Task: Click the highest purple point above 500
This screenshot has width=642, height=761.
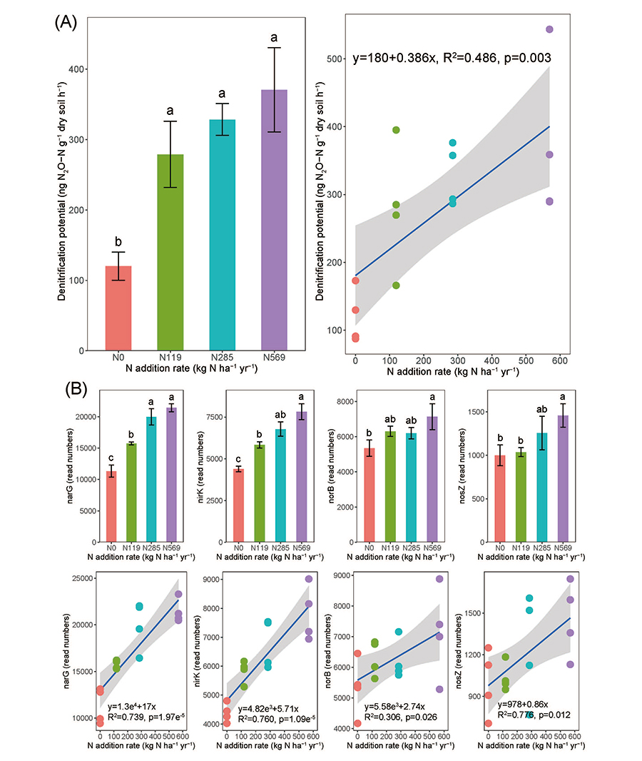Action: [x=549, y=29]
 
